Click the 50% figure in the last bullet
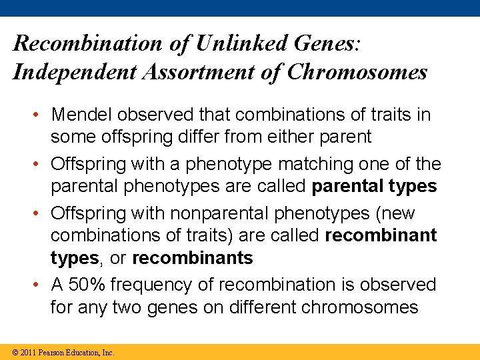(x=87, y=285)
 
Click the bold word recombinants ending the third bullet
(x=193, y=258)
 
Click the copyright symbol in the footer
(x=15, y=352)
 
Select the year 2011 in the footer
(x=27, y=352)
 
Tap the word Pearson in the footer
(x=51, y=352)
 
